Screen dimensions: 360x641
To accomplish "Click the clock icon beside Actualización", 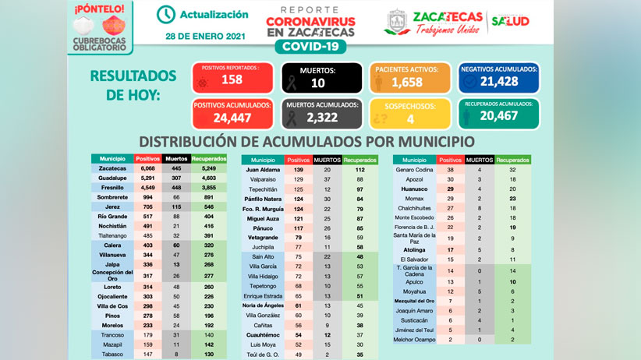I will pyautogui.click(x=166, y=15).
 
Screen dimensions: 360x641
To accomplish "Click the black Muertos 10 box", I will pyautogui.click(x=320, y=77).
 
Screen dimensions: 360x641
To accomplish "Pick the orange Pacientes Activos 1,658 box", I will pyautogui.click(x=409, y=77).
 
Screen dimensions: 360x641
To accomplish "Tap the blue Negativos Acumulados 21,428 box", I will pyautogui.click(x=499, y=77).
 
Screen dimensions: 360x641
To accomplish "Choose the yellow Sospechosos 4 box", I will pyautogui.click(x=409, y=114).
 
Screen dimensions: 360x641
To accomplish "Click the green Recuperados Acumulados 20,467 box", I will pyautogui.click(x=499, y=114).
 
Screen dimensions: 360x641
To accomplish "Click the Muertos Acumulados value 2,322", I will pyautogui.click(x=320, y=118).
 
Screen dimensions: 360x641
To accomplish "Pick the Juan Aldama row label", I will pyautogui.click(x=263, y=169).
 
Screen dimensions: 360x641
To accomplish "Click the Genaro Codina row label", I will pyautogui.click(x=415, y=169).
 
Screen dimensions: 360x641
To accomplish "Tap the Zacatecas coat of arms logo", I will pyautogui.click(x=398, y=23).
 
